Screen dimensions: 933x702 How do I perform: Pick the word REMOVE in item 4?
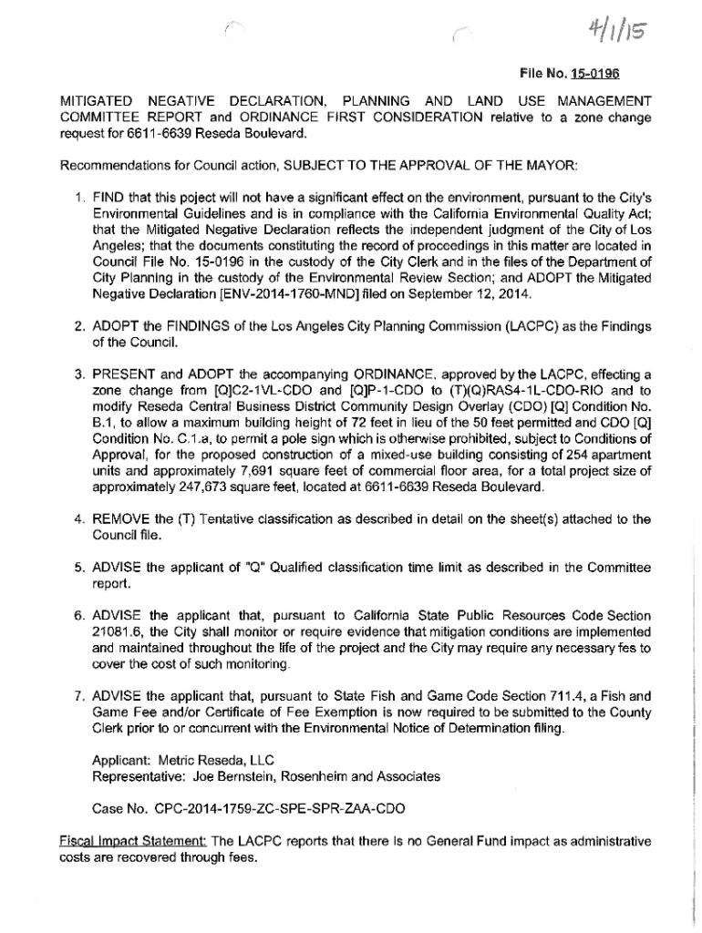(121, 519)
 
